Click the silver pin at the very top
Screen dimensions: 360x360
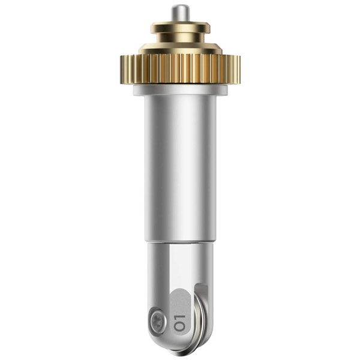point(180,13)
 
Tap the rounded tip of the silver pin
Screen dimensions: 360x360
point(180,5)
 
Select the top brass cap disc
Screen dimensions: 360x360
point(180,28)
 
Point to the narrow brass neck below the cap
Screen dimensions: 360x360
point(180,37)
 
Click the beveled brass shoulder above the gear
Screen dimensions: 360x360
point(180,49)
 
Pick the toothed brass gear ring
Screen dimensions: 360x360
point(180,69)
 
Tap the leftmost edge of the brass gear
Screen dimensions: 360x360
point(121,69)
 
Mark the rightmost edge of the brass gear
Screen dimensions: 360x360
point(240,69)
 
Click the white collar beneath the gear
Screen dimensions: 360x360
point(180,90)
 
